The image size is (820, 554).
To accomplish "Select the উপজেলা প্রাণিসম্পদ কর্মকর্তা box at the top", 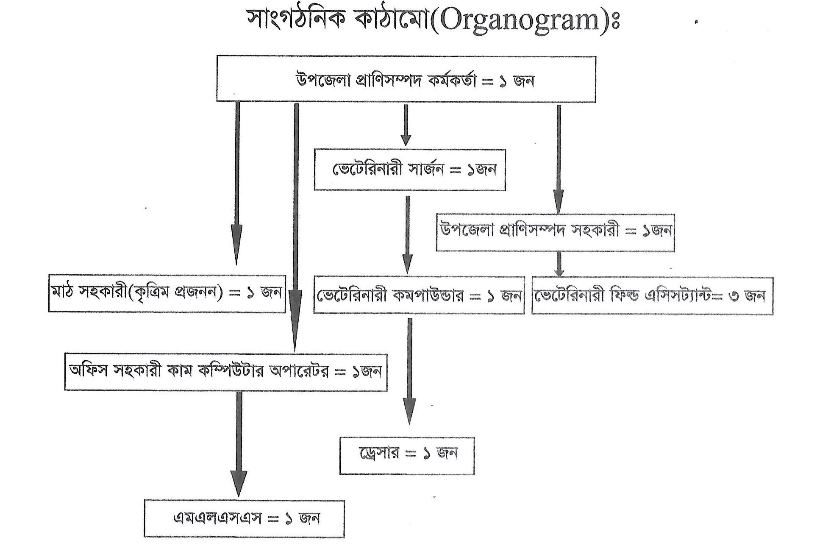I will (406, 79).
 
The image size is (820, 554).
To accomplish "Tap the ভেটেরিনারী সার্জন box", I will (409, 170).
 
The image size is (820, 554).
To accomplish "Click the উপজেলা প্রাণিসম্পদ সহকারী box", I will (555, 232).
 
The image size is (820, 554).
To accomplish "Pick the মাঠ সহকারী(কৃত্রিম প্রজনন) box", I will (167, 294).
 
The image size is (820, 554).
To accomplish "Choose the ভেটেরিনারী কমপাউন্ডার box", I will (419, 295).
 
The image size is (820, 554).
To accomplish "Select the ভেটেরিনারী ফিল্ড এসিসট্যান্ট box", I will (652, 295).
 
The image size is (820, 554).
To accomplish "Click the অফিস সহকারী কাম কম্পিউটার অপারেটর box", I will (225, 372).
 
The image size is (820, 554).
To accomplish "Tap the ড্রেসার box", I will (406, 455).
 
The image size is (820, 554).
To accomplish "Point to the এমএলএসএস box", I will (244, 519).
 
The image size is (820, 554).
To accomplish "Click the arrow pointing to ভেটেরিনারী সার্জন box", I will (406, 125).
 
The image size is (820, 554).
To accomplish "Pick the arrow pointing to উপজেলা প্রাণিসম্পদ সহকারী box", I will (559, 159).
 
